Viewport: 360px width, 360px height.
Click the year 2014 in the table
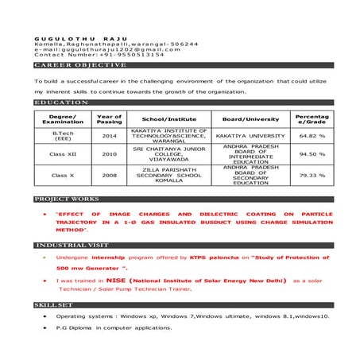[110, 136]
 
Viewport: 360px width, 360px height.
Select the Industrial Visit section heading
[72, 246]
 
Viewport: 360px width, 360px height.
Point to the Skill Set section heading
[54, 304]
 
